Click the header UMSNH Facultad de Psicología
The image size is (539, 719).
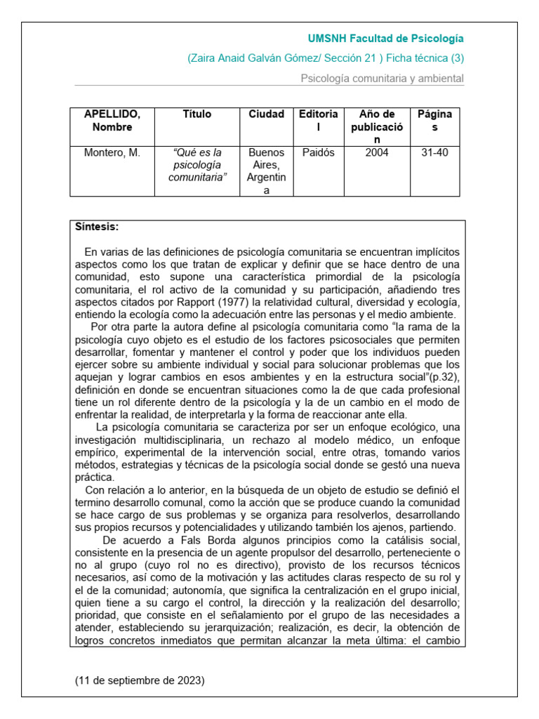tap(386, 39)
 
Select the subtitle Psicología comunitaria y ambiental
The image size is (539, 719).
tap(382, 79)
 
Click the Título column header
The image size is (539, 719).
tap(197, 114)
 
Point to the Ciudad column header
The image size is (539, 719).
tap(267, 114)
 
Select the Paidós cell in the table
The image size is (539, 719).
tap(318, 152)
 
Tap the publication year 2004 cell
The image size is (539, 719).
tap(377, 152)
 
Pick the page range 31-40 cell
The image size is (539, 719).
tap(434, 152)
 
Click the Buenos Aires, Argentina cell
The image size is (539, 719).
tap(267, 171)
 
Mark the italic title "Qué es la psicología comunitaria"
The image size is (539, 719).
tap(197, 165)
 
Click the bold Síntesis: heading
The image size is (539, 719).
tap(97, 227)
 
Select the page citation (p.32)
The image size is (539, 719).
tap(445, 377)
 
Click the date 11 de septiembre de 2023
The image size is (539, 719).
tap(140, 681)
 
